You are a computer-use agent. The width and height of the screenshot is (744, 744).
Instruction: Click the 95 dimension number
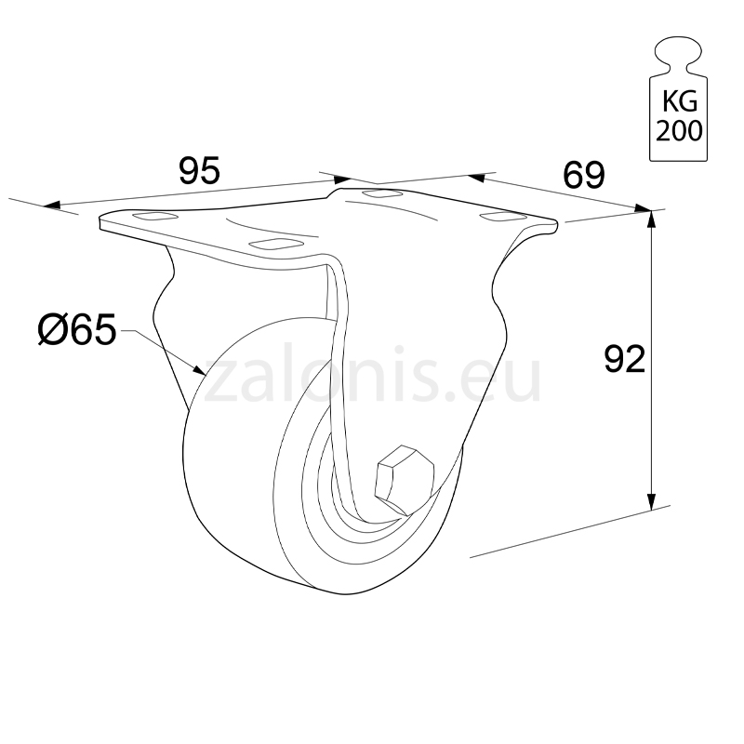(199, 170)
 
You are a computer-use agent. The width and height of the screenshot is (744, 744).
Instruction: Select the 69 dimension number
(584, 175)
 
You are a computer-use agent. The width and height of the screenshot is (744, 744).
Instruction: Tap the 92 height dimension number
(624, 359)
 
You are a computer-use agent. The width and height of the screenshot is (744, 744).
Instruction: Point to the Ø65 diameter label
(77, 329)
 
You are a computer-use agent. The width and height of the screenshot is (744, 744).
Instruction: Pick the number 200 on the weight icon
(679, 130)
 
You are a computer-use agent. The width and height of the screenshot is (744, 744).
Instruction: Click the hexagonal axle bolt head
(404, 478)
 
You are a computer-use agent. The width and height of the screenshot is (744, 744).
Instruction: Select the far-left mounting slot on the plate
(156, 218)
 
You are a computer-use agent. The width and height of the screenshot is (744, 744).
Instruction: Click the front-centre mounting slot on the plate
(276, 244)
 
